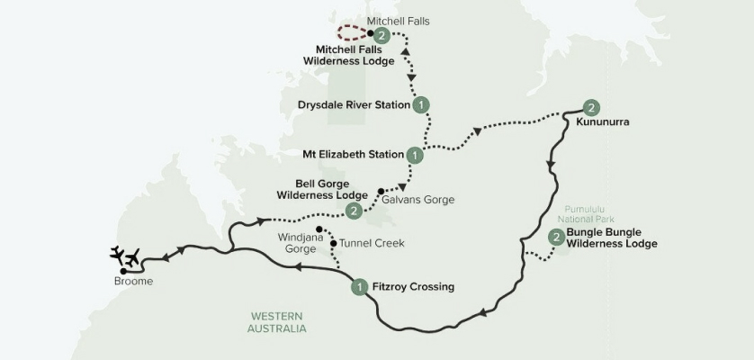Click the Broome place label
134,281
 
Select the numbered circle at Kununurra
590,105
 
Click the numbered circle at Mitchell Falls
382,35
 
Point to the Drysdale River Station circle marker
421,104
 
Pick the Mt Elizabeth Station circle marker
415,155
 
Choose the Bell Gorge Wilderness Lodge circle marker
354,211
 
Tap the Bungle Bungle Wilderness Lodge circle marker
557,238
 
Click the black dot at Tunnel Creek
333,244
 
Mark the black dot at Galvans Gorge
381,191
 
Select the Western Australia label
277,322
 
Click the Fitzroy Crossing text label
413,287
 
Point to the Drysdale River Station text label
355,104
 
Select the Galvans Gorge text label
418,199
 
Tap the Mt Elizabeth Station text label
354,154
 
